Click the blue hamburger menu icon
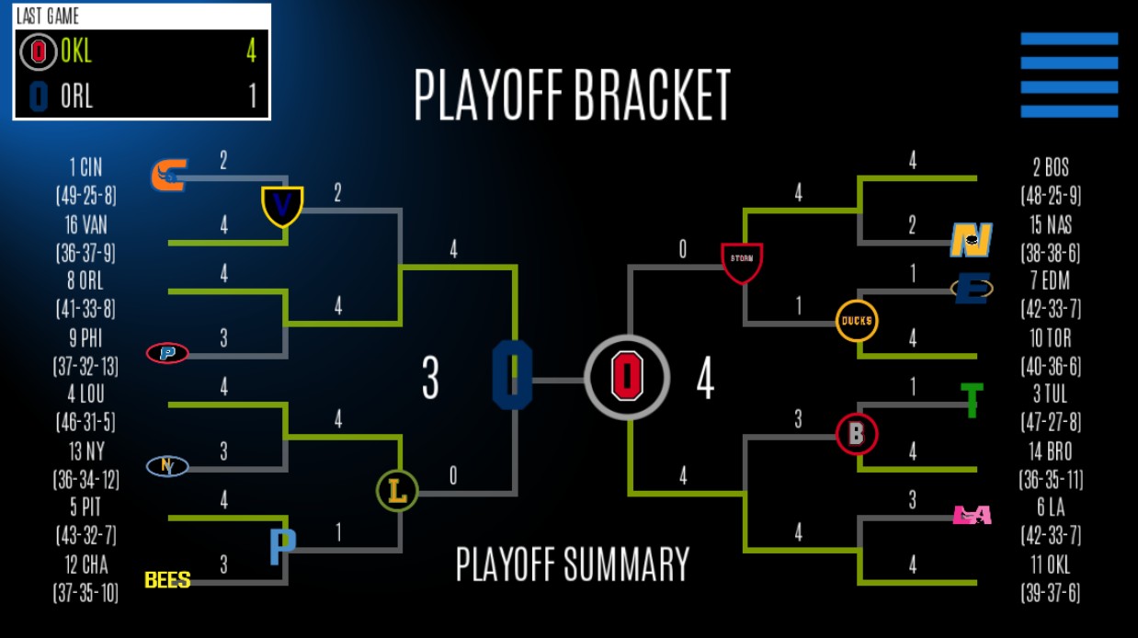coord(1069,75)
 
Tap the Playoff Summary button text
coord(573,564)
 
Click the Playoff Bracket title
coord(572,95)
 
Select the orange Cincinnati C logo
coord(169,176)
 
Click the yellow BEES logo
coord(167,579)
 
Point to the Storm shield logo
coord(742,263)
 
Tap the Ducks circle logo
coord(857,321)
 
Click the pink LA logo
coord(972,515)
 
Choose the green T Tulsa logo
coord(972,400)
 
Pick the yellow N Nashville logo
coord(972,240)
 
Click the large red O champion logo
coord(627,378)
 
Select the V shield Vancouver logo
coord(282,207)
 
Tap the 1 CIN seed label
coord(85,167)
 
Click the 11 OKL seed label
coord(1051,564)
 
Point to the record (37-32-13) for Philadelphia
coord(85,366)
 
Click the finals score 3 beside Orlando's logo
coord(430,378)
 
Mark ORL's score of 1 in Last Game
coord(253,96)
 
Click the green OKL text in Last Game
coord(76,51)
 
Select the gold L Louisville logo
coord(397,491)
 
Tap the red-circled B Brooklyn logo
coord(857,434)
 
